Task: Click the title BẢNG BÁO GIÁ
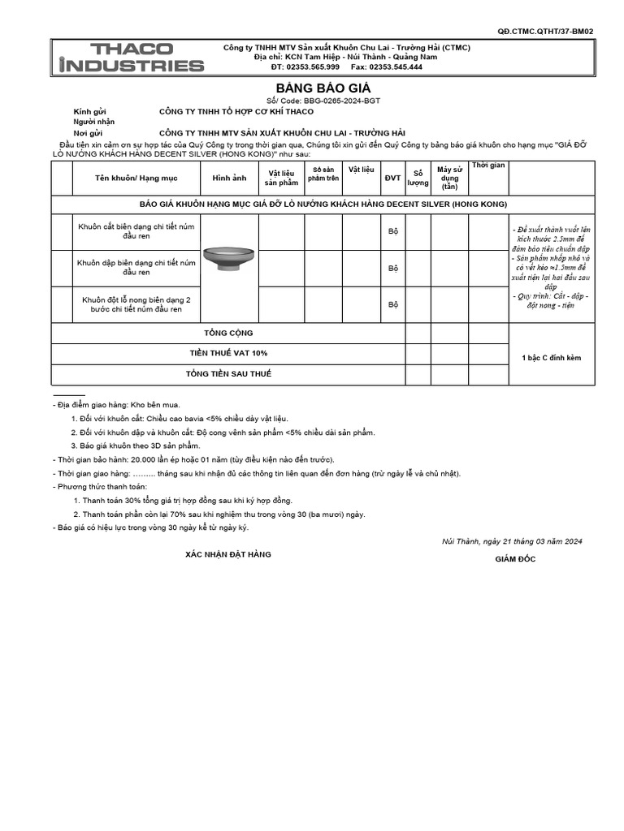pyautogui.click(x=312, y=88)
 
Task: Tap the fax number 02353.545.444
pyautogui.click(x=396, y=67)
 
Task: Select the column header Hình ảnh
pyautogui.click(x=228, y=178)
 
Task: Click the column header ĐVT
pyautogui.click(x=392, y=178)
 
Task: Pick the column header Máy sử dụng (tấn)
pyautogui.click(x=449, y=178)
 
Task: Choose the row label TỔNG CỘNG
pyautogui.click(x=227, y=333)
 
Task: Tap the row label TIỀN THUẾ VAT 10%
pyautogui.click(x=227, y=353)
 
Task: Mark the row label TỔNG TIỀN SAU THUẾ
pyautogui.click(x=227, y=373)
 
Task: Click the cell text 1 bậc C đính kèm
pyautogui.click(x=550, y=357)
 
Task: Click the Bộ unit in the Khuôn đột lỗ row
pyautogui.click(x=392, y=304)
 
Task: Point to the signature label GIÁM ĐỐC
pyautogui.click(x=515, y=559)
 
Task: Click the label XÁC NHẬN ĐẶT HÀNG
pyautogui.click(x=228, y=553)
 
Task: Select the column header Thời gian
pyautogui.click(x=488, y=166)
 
